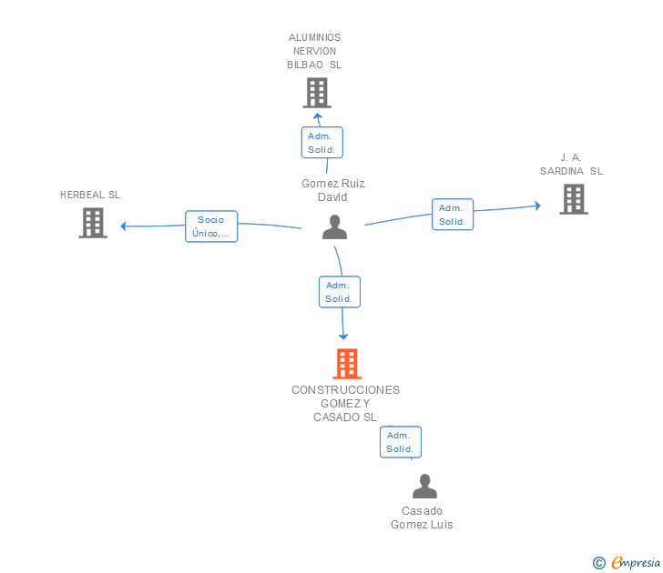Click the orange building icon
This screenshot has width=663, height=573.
[x=346, y=364]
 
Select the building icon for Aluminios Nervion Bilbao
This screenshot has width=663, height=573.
[x=316, y=93]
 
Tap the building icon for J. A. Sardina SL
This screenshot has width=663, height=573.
[x=573, y=199]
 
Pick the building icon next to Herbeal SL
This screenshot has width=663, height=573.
[x=93, y=223]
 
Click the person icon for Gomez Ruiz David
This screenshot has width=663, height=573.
[x=334, y=227]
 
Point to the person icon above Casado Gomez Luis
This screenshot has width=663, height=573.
[x=424, y=487]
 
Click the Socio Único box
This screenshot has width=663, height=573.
[x=211, y=226]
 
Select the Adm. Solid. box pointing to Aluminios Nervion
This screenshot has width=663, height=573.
[x=321, y=143]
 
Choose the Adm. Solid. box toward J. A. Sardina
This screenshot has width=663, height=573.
[x=452, y=215]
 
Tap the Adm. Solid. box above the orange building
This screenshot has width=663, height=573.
[x=339, y=292]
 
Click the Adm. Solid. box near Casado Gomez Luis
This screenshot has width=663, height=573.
[x=400, y=442]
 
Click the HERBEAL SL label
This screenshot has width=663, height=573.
[x=90, y=195]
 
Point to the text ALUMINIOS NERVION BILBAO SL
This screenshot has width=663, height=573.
[x=314, y=51]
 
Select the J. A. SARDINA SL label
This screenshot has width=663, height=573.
[x=571, y=165]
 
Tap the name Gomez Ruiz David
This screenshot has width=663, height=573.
[x=333, y=190]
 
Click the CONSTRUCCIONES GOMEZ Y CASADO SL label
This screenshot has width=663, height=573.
[x=345, y=403]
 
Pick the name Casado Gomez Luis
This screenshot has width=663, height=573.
[x=422, y=518]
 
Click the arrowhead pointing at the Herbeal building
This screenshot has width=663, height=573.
[x=124, y=226]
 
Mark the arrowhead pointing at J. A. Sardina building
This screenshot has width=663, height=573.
[x=537, y=206]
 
